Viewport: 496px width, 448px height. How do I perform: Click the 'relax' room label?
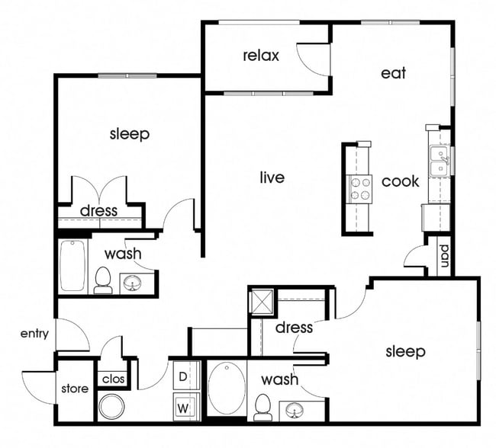(261, 56)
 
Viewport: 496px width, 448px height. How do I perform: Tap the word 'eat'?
(393, 73)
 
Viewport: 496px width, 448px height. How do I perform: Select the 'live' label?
(272, 178)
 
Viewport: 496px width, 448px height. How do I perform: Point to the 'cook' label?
(400, 181)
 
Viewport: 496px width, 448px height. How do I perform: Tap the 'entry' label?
(34, 333)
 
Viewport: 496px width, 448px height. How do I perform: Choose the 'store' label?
(75, 389)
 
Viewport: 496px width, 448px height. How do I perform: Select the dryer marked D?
(184, 376)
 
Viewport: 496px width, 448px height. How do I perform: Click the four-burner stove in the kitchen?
(359, 187)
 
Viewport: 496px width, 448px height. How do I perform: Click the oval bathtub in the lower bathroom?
(227, 388)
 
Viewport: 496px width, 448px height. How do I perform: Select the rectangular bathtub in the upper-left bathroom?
(74, 265)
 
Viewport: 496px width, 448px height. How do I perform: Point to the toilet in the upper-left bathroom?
(103, 280)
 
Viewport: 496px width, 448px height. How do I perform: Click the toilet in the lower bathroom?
(264, 407)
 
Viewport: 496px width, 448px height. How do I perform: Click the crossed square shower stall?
(262, 300)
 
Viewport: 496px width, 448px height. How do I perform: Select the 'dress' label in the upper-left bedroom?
(99, 210)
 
